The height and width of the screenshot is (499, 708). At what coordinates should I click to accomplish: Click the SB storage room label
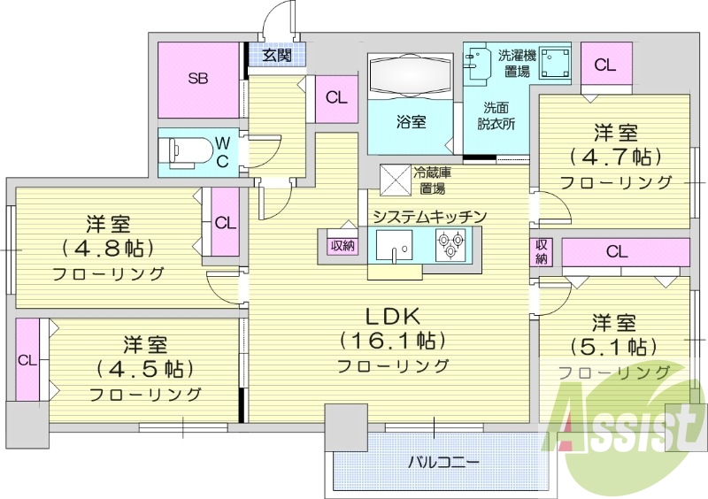198,79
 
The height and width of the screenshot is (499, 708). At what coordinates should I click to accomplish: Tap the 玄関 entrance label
277,55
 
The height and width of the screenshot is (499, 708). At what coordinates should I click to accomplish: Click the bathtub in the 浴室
411,75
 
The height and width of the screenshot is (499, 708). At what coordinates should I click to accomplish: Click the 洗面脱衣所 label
496,116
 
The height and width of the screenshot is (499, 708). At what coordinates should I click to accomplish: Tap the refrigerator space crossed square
396,180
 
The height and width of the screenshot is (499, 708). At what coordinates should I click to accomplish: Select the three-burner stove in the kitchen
450,244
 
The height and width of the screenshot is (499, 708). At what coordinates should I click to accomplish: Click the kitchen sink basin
394,245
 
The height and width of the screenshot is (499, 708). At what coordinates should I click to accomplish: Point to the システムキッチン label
429,216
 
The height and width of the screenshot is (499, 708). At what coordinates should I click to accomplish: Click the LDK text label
393,317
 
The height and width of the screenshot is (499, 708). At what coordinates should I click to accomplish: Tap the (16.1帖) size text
392,341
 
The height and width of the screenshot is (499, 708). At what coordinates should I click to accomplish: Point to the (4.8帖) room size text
108,248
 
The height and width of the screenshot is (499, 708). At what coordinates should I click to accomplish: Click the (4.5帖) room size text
145,370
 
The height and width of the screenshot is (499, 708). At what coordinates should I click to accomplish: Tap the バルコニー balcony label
437,463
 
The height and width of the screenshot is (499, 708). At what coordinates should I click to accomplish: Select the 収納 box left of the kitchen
342,247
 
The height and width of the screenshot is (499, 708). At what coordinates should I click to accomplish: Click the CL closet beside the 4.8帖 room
226,223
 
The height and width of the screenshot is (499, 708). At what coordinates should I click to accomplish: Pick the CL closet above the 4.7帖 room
605,64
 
